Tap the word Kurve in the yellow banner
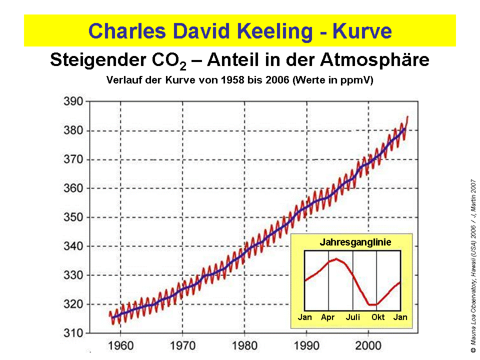click(362, 31)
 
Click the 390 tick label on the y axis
click(73, 101)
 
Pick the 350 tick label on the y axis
click(73, 217)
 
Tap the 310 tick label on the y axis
click(73, 333)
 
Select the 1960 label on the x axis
click(120, 345)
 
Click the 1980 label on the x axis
click(244, 345)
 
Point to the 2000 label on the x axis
click(368, 345)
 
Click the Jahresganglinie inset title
click(355, 242)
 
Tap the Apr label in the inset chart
click(328, 317)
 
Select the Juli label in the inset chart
click(353, 317)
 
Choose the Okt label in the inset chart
click(377, 317)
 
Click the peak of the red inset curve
click(336, 258)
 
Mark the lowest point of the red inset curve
click(372, 304)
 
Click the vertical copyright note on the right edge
click(473, 266)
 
